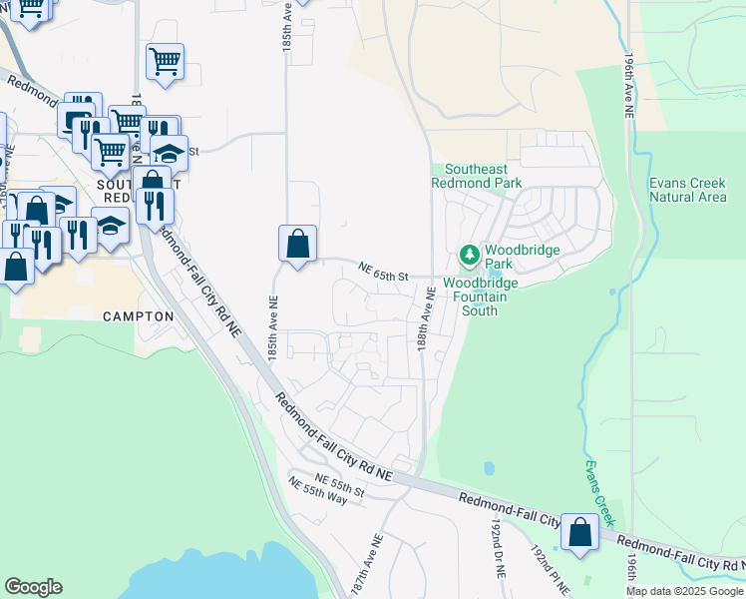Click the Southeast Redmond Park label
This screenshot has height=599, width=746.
[476, 177]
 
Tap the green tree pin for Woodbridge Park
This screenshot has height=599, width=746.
[469, 256]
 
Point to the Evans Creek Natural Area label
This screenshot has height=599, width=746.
[687, 190]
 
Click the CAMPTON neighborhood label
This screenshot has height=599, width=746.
[139, 316]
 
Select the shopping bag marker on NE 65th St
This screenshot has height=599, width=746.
[297, 243]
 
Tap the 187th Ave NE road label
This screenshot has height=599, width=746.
[366, 565]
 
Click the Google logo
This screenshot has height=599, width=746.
[33, 587]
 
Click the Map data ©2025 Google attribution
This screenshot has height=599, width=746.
[684, 591]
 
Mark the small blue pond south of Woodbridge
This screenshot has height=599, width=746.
[488, 468]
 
